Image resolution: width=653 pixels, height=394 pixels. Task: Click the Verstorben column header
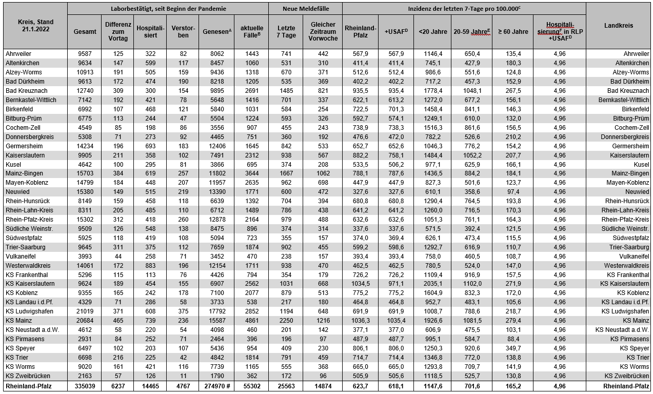tap(183, 32)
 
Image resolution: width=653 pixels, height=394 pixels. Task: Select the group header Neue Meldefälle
tap(305, 9)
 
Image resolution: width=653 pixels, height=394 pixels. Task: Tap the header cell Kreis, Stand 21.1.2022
tap(35, 26)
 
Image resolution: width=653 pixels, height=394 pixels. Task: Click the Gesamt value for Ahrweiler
tap(85, 54)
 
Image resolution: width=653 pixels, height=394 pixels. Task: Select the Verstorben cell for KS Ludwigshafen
tap(183, 311)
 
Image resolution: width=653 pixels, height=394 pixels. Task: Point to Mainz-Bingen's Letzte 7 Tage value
tap(286, 173)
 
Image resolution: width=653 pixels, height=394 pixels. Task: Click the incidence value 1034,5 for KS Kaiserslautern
tap(361, 284)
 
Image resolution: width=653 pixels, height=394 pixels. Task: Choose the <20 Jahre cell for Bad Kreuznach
tap(430, 91)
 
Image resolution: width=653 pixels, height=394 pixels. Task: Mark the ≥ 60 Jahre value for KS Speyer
tap(512, 348)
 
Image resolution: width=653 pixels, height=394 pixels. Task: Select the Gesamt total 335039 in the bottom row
tap(85, 386)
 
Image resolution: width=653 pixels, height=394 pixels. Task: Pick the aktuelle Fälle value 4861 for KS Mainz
tap(251, 321)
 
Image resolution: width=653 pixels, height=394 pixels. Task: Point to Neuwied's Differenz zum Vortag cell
tap(118, 192)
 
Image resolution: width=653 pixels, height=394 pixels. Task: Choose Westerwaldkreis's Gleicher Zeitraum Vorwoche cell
tap(323, 265)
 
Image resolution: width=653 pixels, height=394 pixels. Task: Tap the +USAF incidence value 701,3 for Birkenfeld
tap(397, 109)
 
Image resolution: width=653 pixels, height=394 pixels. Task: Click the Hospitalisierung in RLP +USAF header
tap(560, 32)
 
